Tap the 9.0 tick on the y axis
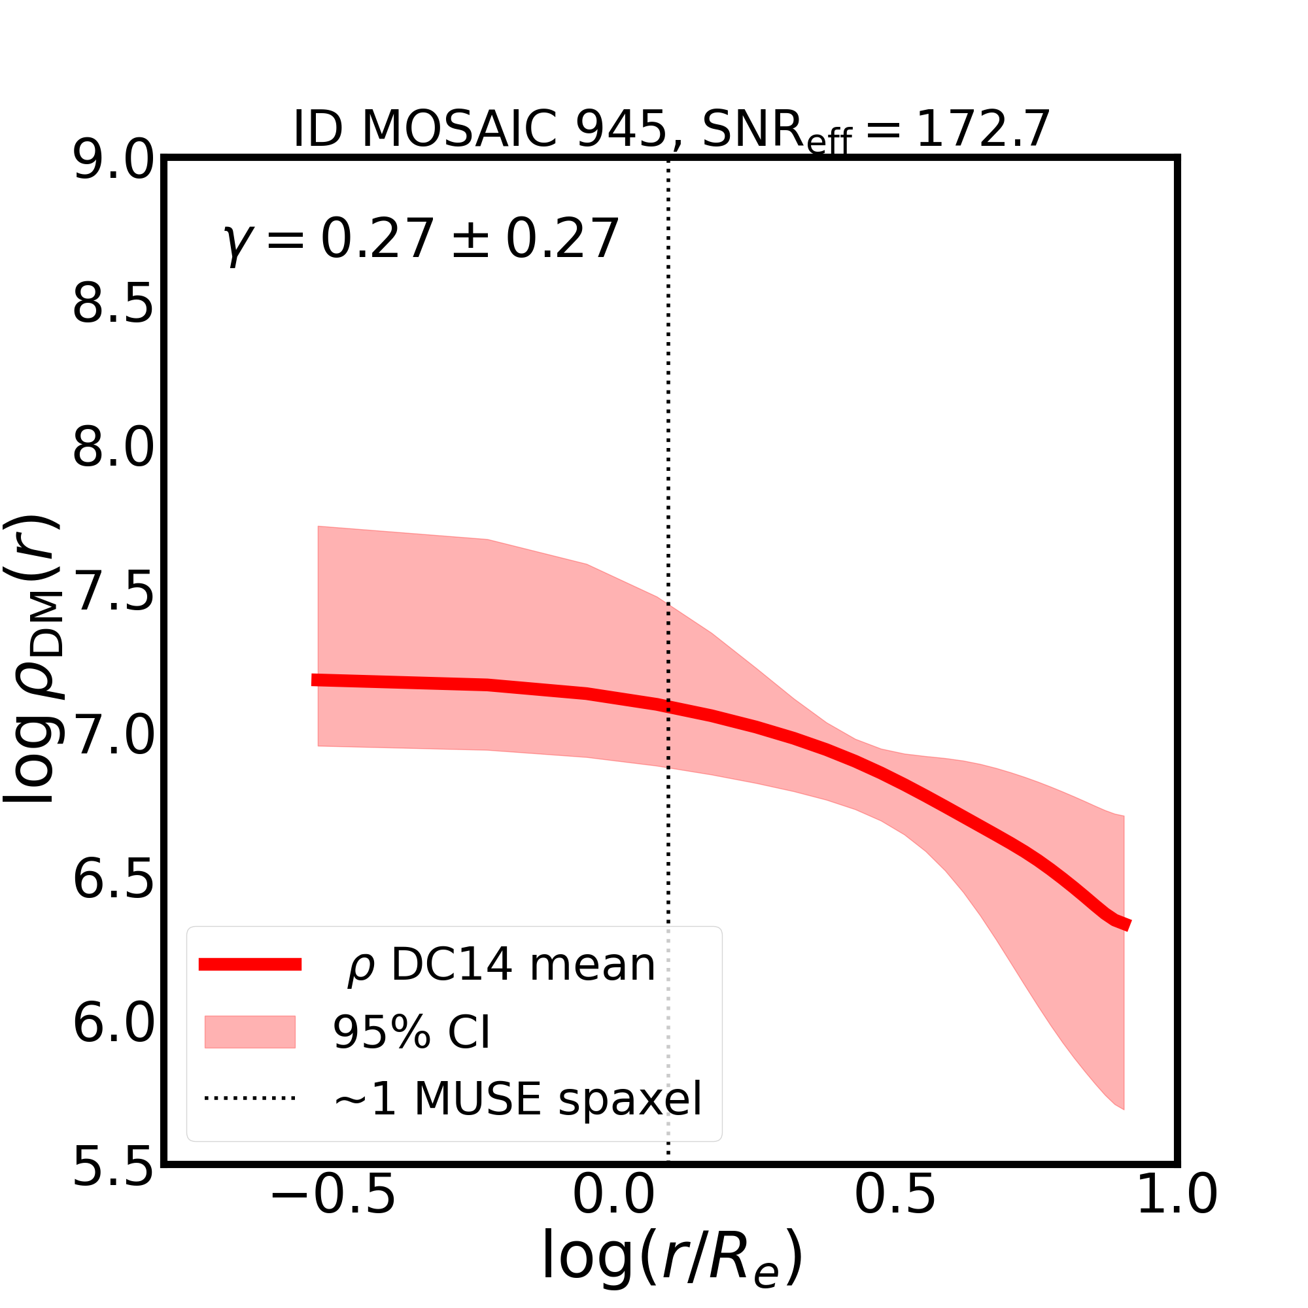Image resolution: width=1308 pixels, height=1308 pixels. [x=113, y=162]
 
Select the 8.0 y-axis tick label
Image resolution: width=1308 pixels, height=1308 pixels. [x=113, y=449]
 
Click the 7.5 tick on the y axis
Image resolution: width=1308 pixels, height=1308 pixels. [x=113, y=593]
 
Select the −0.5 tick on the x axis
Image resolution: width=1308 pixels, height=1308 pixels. [x=332, y=1214]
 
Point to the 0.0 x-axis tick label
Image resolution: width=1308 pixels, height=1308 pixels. [x=613, y=1214]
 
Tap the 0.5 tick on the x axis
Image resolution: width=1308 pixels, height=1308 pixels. [x=895, y=1214]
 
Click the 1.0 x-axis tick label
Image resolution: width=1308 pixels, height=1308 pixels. [x=1177, y=1214]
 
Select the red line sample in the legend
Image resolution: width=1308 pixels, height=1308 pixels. [x=250, y=965]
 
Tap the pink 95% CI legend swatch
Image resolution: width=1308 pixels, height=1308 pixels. [x=250, y=1032]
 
